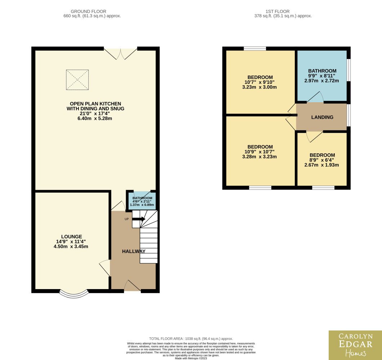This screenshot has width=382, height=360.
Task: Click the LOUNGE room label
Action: [72, 237]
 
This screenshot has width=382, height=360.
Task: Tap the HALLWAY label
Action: [134, 251]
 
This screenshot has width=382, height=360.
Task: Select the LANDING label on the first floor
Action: [322, 117]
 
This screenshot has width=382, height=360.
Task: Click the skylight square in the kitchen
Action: [77, 80]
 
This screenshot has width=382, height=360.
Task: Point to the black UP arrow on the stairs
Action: [139, 219]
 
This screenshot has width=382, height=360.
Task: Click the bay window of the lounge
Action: [74, 295]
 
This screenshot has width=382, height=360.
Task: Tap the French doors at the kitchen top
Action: [120, 54]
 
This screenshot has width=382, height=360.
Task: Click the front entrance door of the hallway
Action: [132, 285]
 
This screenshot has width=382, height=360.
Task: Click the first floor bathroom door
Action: [315, 97]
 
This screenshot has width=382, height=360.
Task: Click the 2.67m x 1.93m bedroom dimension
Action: [321, 165]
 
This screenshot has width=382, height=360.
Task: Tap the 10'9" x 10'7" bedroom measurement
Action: [259, 152]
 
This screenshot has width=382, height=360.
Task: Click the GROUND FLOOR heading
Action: [88, 12]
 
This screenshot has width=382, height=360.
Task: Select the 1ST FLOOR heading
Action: [277, 12]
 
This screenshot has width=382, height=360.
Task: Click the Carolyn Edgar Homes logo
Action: [355, 345]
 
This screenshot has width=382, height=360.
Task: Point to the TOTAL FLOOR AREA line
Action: [191, 339]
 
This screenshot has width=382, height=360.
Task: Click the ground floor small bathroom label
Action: [142, 198]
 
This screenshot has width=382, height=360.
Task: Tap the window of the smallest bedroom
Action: [323, 188]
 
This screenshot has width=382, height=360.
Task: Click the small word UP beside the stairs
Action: [127, 219]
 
